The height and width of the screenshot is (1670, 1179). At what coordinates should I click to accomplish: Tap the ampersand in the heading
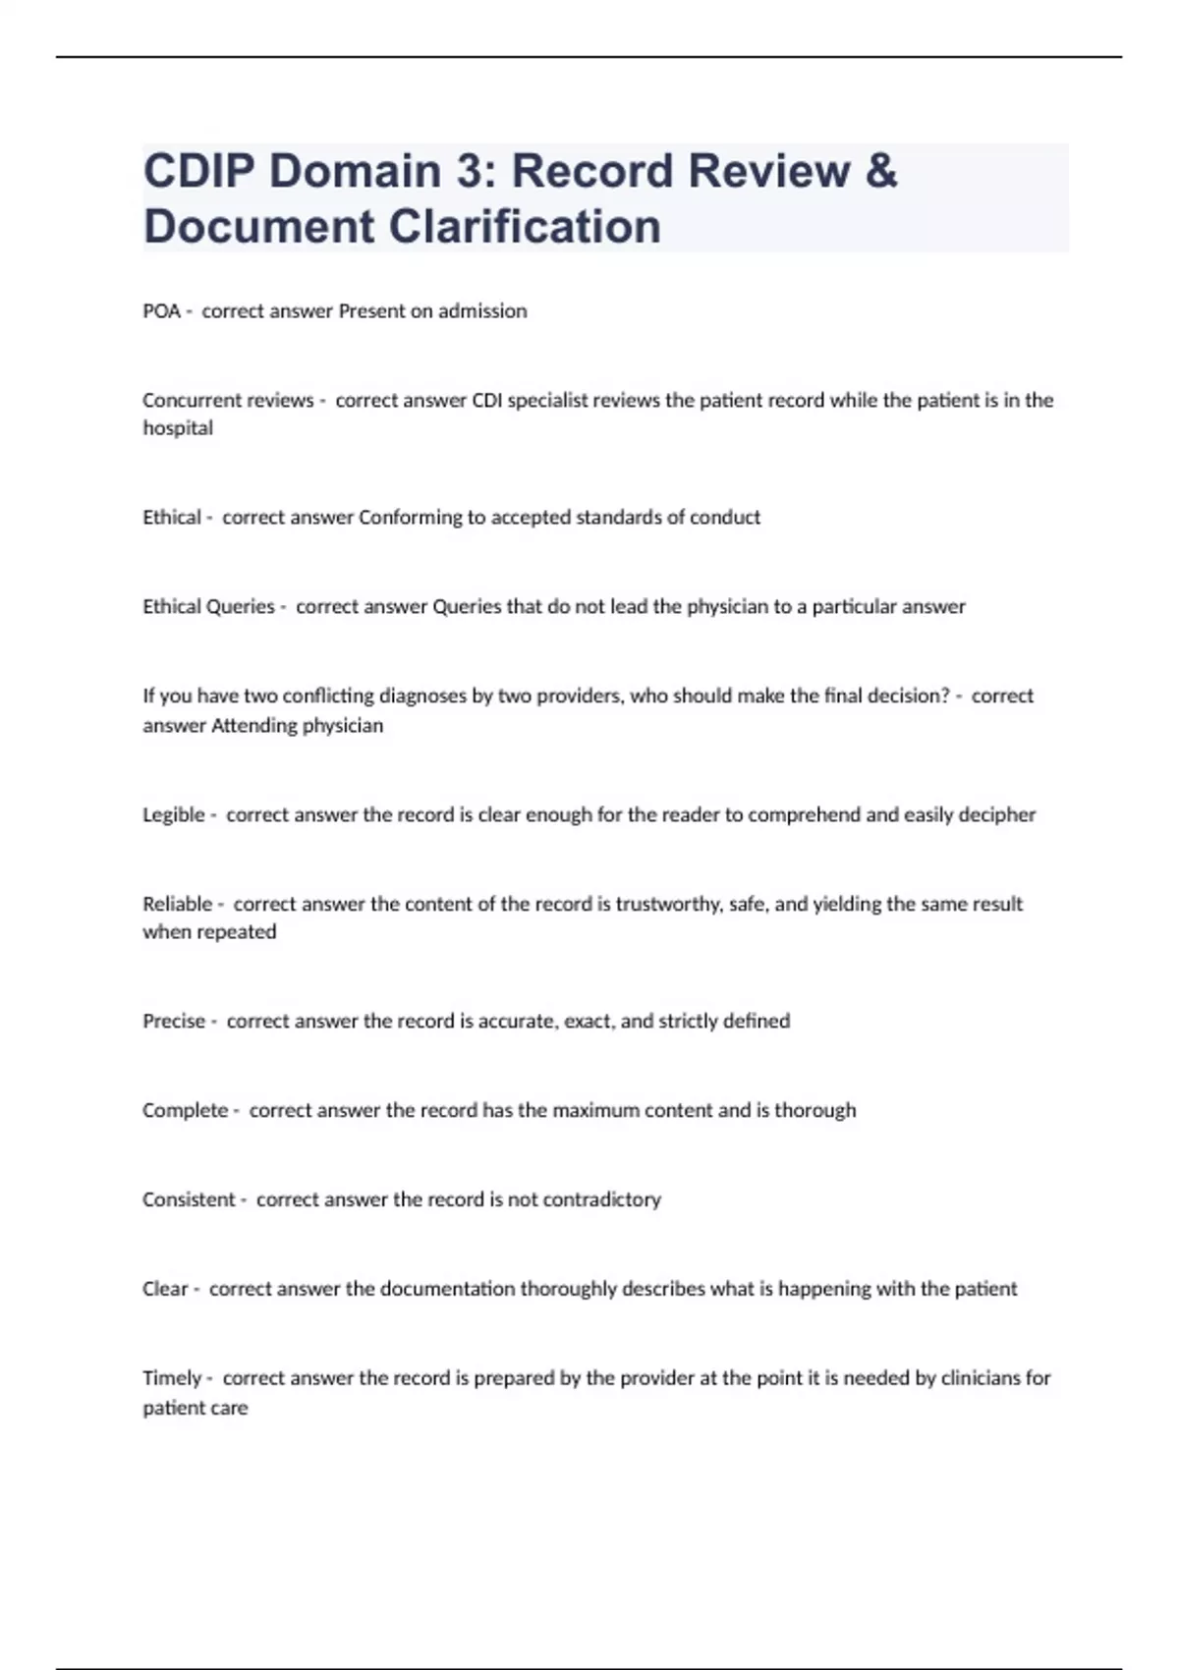882,171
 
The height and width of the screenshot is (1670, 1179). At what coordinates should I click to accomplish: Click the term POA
161,311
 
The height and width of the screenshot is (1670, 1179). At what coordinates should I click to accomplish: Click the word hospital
178,428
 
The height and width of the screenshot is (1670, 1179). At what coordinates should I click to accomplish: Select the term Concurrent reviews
228,400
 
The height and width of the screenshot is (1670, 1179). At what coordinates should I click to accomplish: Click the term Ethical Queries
208,607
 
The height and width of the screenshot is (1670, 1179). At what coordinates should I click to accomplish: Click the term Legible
174,814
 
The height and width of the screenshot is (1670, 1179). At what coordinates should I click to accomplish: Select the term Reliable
178,904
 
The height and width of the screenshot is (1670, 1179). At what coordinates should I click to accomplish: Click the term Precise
174,1022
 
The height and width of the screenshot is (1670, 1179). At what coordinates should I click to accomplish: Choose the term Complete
185,1110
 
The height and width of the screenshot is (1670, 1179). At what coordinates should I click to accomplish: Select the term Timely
172,1378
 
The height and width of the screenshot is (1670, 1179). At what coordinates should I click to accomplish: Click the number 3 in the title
468,171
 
